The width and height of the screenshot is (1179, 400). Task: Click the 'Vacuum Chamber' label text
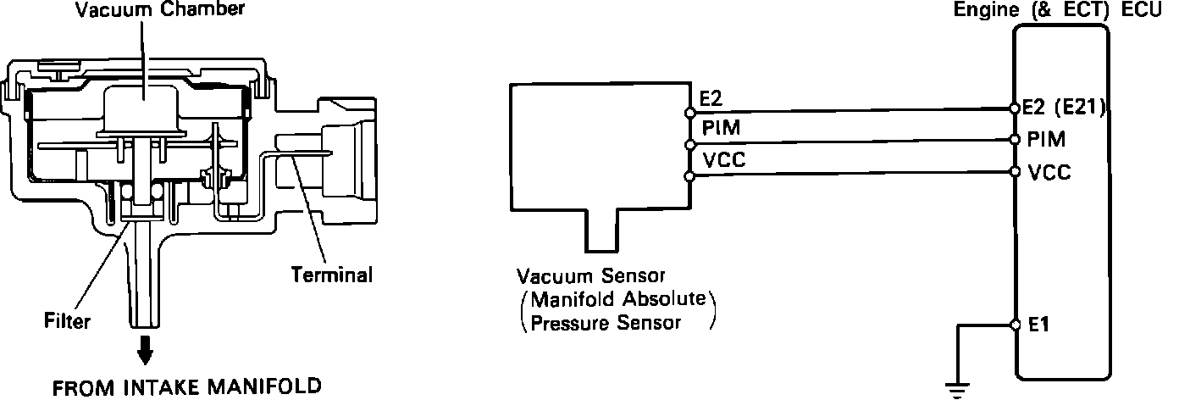pos(147,11)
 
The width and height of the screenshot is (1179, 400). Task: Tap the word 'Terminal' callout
pos(331,275)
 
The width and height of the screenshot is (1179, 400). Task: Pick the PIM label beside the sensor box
pos(717,128)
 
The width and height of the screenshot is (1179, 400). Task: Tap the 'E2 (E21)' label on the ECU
pos(1065,107)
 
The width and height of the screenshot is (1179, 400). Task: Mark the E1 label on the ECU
pos(1038,325)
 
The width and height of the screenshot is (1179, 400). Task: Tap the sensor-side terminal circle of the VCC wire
pos(690,176)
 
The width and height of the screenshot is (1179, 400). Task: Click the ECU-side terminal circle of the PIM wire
pos(1015,138)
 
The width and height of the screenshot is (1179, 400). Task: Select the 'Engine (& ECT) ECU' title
pos(1060,10)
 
